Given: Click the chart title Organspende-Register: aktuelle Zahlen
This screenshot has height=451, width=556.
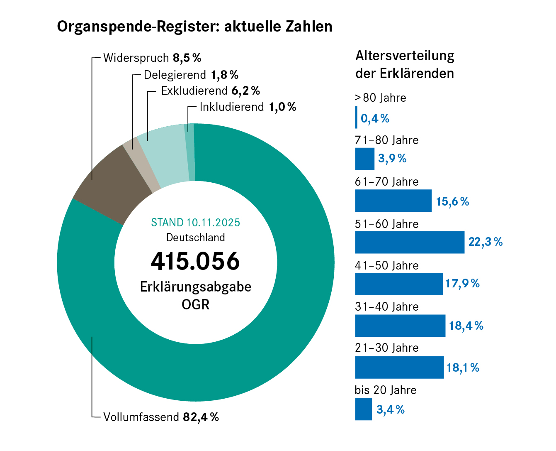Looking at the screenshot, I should click(x=194, y=27).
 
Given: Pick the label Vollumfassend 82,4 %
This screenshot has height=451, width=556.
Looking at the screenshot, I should click(x=161, y=417).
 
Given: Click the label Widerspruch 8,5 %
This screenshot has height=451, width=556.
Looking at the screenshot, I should click(x=152, y=58).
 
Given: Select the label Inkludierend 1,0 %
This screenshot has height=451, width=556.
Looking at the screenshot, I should click(x=248, y=107).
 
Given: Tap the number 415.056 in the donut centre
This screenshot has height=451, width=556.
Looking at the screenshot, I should click(x=195, y=261).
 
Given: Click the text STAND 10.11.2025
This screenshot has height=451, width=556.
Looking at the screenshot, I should click(x=195, y=223).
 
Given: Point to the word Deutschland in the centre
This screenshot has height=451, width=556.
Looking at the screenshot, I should click(x=195, y=238).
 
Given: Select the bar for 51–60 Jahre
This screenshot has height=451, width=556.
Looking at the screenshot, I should click(x=410, y=242).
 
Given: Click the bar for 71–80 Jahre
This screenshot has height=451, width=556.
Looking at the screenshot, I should click(x=364, y=159).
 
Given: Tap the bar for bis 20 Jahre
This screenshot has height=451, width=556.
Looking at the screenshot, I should click(x=363, y=409).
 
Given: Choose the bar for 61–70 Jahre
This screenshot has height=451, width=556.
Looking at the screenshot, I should click(x=393, y=201).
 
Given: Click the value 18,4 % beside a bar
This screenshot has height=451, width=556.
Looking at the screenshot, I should click(x=466, y=326).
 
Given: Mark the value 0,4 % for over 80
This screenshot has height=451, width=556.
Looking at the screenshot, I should click(x=375, y=119).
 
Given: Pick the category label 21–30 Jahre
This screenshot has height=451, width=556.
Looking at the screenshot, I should click(x=386, y=348).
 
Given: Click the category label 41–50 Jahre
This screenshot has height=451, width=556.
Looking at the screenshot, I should click(x=386, y=266).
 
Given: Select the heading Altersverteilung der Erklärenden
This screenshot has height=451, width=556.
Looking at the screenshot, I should click(x=405, y=64).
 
